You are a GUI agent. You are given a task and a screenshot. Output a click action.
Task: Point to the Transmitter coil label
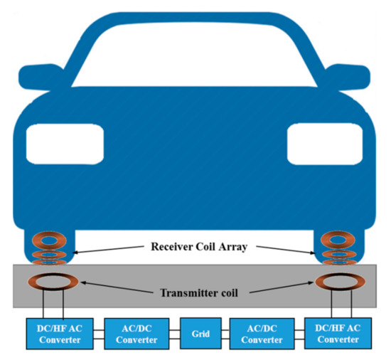point(195,292)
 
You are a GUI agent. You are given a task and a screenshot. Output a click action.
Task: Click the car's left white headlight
point(65,143)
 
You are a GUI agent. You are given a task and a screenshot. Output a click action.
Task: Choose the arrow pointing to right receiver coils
point(284,249)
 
